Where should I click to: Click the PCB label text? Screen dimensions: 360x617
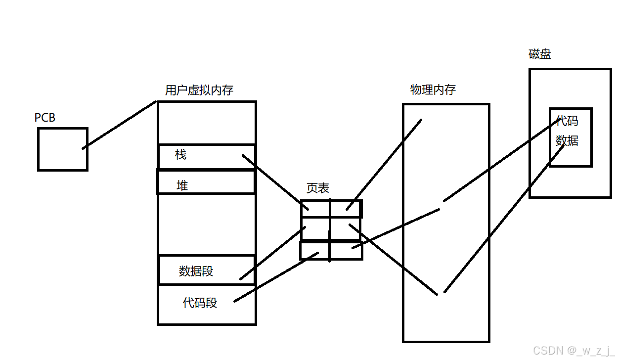[x=44, y=118]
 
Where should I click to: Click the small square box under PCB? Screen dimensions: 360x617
[x=62, y=149]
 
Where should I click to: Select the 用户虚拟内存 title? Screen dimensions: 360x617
[x=199, y=90]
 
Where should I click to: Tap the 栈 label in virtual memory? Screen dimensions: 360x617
[x=181, y=155]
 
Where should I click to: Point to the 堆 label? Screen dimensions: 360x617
[x=182, y=186]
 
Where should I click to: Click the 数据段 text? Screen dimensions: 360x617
[x=196, y=271]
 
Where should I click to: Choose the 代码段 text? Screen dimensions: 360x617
[x=200, y=303]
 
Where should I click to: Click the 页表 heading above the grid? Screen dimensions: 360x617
[x=317, y=188]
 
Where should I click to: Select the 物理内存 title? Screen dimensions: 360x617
[x=433, y=90]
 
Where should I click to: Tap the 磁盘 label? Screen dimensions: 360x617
[x=539, y=54]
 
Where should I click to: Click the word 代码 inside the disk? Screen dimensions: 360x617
[x=567, y=121]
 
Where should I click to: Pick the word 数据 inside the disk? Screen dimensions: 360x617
[x=567, y=141]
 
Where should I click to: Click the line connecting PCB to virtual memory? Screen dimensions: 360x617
[x=119, y=125]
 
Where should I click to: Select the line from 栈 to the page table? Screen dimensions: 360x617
[x=274, y=181]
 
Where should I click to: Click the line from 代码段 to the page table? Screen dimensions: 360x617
[x=276, y=277]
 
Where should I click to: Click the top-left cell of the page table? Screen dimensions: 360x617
[x=315, y=209]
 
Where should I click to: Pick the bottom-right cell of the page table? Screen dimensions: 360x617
[x=346, y=251]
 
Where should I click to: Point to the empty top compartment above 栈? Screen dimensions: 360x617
[x=207, y=123]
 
